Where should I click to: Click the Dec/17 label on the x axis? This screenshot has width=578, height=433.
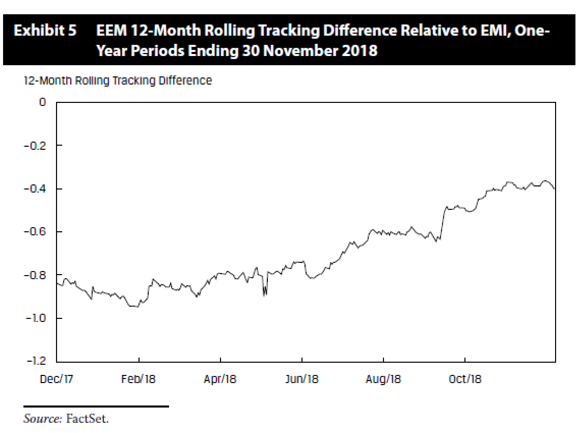[57, 379]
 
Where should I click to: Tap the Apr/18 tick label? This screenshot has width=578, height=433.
[221, 379]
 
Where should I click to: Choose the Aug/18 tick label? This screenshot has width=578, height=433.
[383, 379]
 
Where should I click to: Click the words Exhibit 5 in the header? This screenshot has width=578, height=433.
[45, 31]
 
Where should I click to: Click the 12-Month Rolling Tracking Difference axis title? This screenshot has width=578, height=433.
[118, 80]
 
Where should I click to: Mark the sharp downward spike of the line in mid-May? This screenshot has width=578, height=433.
[264, 295]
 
